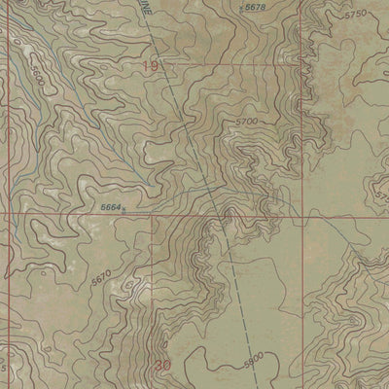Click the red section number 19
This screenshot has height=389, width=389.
click(x=149, y=66)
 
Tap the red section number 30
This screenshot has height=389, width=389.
click(x=162, y=366)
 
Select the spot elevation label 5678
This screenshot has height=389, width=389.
click(x=254, y=8)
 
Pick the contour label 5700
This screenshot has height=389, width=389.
click(x=247, y=121)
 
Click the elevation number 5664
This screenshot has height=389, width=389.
click(x=110, y=206)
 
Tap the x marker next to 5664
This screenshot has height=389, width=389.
click(x=124, y=209)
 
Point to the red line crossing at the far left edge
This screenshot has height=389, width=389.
click(x=3, y=212)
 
